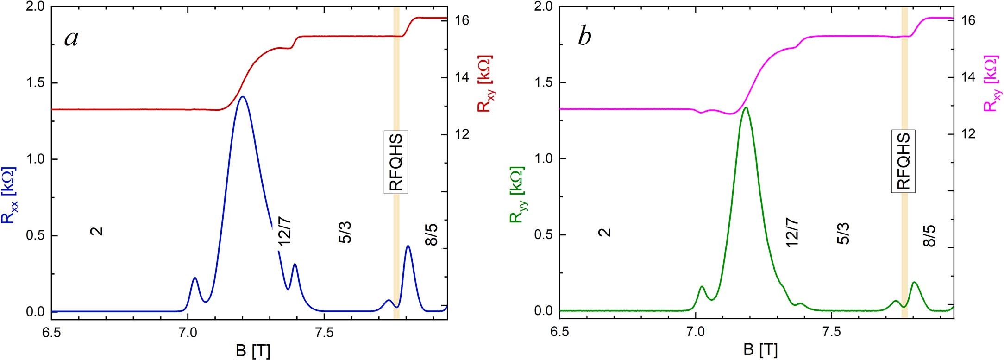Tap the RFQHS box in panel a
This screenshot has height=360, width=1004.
click(x=396, y=162)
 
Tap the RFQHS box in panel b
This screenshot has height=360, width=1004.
click(x=904, y=162)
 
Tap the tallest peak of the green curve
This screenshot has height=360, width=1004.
click(x=746, y=108)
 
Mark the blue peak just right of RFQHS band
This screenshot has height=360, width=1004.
click(x=408, y=246)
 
